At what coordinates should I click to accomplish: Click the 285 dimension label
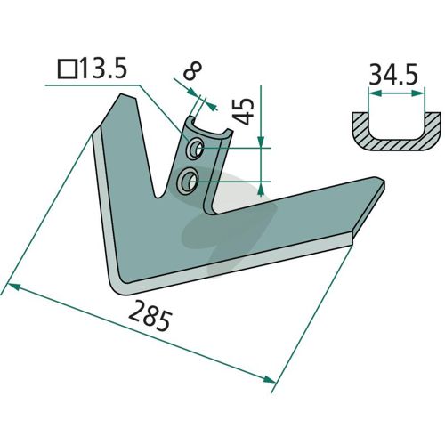point(150,316)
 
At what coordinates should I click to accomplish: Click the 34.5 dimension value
point(393,74)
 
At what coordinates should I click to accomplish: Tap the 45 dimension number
point(244,111)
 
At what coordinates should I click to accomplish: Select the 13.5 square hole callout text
point(103,69)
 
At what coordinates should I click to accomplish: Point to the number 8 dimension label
point(192,71)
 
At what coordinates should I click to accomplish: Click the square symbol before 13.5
point(68,69)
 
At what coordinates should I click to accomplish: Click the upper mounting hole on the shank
point(195,148)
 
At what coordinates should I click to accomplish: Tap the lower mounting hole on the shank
point(188,182)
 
